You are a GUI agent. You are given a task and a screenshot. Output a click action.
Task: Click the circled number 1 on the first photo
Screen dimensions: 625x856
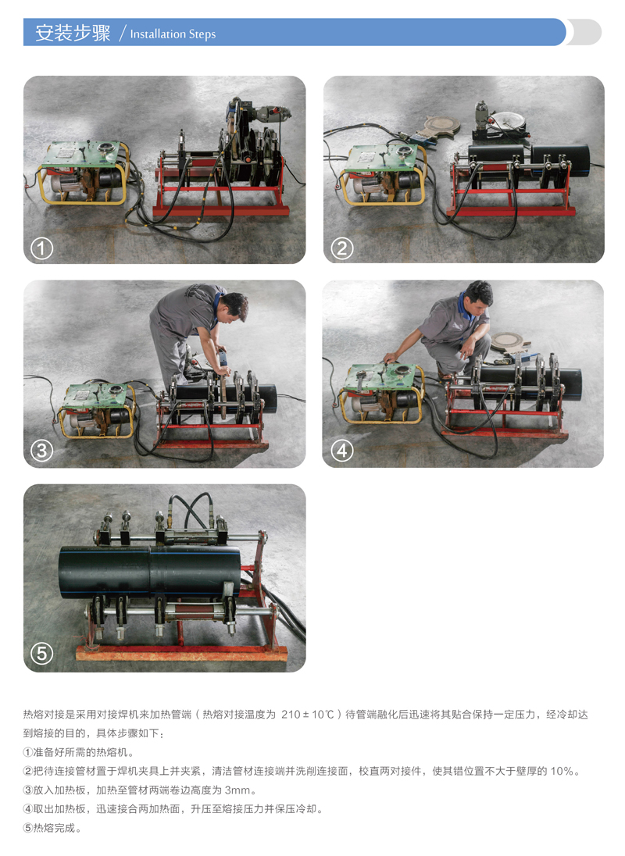tap(41, 248)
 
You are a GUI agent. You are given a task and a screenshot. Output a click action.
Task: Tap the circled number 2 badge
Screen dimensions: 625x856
tap(342, 248)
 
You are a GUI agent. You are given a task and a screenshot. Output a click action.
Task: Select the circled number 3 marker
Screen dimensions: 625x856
tap(41, 451)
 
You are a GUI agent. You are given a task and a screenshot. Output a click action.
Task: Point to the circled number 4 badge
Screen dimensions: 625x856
tap(342, 451)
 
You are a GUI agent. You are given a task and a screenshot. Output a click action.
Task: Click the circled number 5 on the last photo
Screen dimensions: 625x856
tap(41, 654)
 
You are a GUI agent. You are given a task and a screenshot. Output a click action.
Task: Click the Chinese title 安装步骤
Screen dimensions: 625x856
tap(73, 33)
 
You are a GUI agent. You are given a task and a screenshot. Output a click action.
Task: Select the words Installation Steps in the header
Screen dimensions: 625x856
tap(173, 34)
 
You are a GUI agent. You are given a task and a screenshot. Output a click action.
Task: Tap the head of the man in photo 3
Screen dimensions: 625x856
tap(234, 305)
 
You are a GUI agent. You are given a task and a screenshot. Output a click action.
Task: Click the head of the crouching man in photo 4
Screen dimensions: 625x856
tap(479, 294)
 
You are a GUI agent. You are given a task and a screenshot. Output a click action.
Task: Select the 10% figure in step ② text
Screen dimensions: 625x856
tap(562, 772)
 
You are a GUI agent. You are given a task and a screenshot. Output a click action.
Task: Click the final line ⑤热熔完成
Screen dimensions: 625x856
tap(52, 828)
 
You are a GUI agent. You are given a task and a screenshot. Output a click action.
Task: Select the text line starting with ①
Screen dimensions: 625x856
tap(79, 752)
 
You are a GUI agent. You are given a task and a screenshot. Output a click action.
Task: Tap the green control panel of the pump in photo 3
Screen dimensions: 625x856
tap(95, 394)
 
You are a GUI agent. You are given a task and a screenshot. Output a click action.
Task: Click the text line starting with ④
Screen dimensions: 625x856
tap(173, 809)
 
